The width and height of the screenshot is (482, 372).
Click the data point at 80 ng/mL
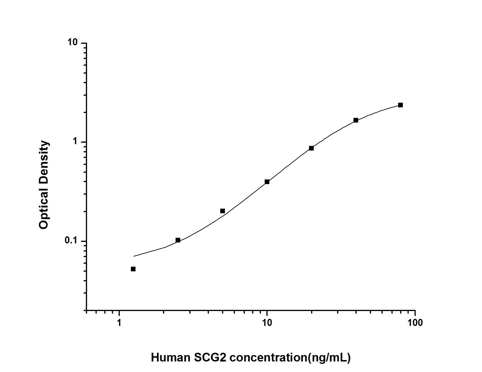[400, 105]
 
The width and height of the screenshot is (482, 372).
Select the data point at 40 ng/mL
[356, 120]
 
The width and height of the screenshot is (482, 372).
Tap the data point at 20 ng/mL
[311, 148]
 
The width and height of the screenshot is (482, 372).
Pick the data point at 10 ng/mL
[267, 182]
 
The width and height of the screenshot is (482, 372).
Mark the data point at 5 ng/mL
[223, 211]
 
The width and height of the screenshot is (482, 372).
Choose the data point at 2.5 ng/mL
[178, 240]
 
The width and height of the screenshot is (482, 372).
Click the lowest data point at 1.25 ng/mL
[133, 269]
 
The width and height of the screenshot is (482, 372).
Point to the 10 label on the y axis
[73, 43]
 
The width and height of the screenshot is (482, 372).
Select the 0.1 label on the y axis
[71, 241]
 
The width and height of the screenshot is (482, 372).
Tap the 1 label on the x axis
[119, 323]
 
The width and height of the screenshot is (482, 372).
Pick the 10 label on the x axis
[266, 323]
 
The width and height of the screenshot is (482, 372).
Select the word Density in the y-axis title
[44, 163]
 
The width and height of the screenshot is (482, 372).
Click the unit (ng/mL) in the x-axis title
[329, 357]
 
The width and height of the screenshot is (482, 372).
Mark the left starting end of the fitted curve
[134, 256]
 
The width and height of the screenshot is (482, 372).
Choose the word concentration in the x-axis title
[268, 357]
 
